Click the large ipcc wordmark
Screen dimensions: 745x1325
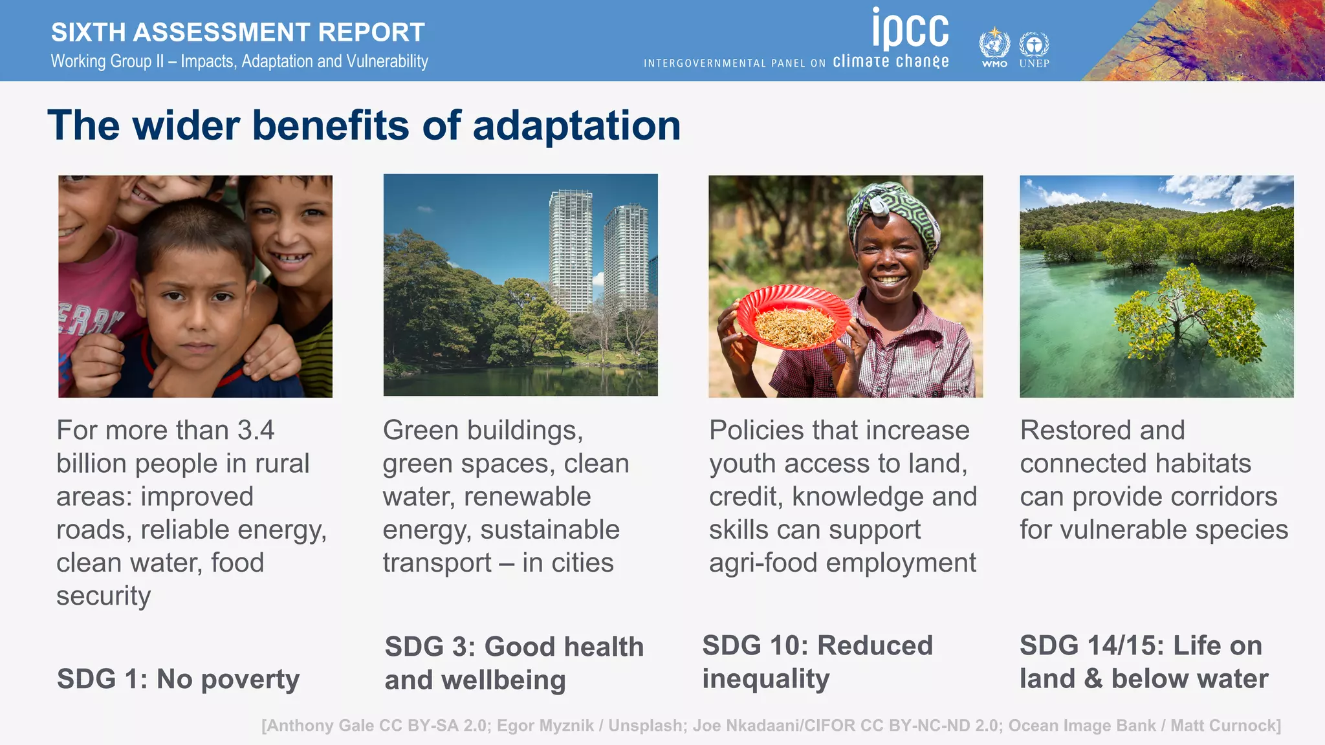pos(910,29)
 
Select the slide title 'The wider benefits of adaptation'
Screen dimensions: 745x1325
pos(364,125)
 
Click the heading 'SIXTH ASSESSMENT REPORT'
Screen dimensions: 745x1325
pos(237,32)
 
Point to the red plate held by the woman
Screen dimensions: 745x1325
pos(793,318)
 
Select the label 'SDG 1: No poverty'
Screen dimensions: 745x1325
pos(178,679)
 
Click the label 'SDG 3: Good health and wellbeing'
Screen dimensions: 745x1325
pos(514,663)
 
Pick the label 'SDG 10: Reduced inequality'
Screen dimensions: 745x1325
pos(817,662)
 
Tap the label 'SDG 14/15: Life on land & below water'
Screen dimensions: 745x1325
pos(1143,662)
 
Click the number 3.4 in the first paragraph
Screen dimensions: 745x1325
pos(256,430)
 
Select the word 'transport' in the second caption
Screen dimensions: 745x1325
pos(437,563)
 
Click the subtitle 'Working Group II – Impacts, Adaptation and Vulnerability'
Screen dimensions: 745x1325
pos(239,61)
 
